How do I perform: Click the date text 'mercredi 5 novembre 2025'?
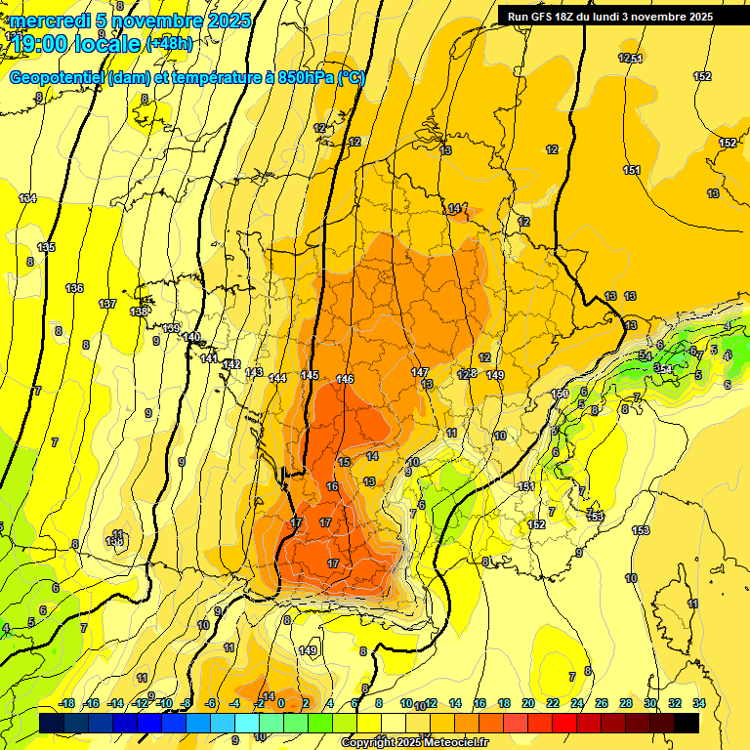(x=131, y=21)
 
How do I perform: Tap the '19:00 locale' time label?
(x=78, y=44)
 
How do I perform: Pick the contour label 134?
(x=27, y=198)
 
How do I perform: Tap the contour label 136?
(x=74, y=288)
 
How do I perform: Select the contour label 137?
(x=107, y=305)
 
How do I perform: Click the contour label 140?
(x=191, y=337)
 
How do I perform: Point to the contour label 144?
(x=277, y=378)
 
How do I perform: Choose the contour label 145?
(x=310, y=376)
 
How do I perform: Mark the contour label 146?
(x=345, y=379)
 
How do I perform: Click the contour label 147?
(x=420, y=372)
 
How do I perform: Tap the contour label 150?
(x=560, y=394)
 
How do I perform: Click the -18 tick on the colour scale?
(x=66, y=703)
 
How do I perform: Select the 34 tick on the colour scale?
(x=698, y=703)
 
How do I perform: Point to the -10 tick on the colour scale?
(x=165, y=703)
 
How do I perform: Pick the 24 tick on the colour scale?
(x=576, y=703)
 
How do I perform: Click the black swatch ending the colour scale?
(x=687, y=723)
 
